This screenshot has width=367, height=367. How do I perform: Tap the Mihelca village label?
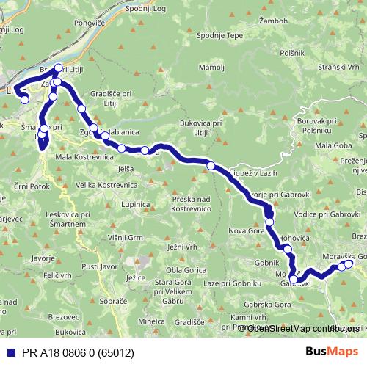coord(151,321)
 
